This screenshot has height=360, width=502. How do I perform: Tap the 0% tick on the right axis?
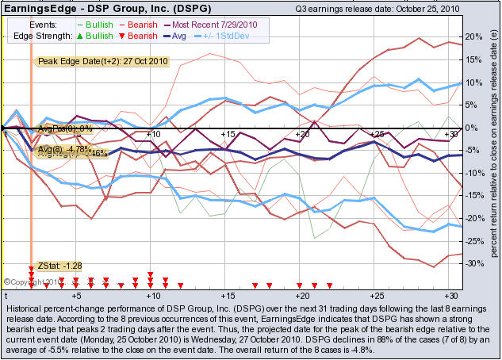click(x=471, y=128)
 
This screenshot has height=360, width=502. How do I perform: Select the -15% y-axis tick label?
click(x=473, y=196)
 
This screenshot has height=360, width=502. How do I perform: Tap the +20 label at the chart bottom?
click(x=301, y=294)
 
